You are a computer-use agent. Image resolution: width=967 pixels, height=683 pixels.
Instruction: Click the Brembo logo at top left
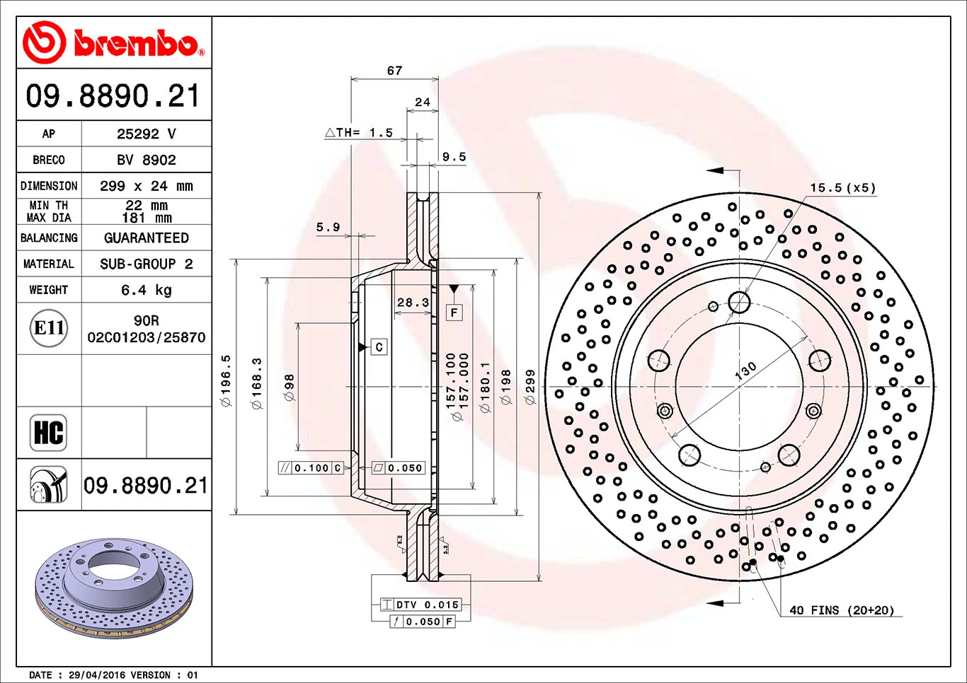(113, 42)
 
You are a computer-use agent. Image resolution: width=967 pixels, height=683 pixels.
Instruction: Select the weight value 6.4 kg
(147, 290)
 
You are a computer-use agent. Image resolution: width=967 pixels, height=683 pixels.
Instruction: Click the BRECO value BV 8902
(147, 160)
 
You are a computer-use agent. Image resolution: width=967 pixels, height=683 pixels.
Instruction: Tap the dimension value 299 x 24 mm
(147, 186)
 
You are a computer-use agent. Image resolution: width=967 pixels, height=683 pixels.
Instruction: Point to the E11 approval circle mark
(50, 328)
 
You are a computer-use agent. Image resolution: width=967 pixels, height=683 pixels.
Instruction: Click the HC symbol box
(49, 432)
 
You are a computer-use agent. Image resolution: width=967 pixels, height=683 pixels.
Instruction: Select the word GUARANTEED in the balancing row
(147, 238)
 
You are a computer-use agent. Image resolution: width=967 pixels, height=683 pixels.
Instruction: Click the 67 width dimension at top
(394, 71)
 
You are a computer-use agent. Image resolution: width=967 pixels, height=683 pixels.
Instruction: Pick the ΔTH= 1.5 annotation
(359, 132)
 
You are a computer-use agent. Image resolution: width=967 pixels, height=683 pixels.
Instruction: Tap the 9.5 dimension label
(454, 157)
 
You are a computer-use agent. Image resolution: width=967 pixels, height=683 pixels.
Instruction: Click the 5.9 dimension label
(328, 227)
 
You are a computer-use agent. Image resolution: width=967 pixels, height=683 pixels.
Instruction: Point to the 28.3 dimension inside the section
(413, 303)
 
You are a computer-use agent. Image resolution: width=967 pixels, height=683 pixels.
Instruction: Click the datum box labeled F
(454, 312)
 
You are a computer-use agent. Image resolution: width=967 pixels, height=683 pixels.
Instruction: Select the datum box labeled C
(379, 346)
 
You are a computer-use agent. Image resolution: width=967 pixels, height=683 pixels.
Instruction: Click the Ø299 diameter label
(530, 387)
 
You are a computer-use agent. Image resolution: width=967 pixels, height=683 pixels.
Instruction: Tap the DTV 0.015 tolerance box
(420, 605)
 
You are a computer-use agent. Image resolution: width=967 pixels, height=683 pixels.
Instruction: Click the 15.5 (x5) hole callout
(842, 188)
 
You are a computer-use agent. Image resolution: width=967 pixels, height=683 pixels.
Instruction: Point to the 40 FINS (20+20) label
(842, 610)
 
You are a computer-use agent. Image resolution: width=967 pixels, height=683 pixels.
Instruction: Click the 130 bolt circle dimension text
(745, 370)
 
